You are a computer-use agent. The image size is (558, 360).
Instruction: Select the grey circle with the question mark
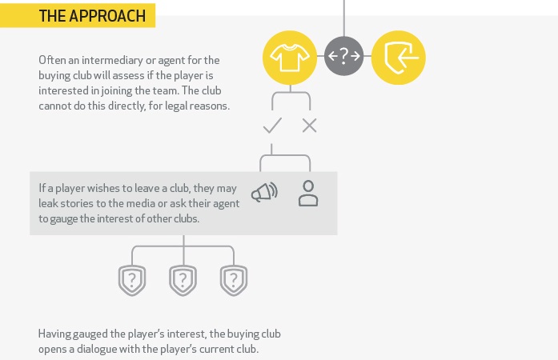[x=344, y=56]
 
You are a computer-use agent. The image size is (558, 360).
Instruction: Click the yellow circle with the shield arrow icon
[x=399, y=56]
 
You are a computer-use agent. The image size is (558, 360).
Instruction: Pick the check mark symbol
[x=272, y=126]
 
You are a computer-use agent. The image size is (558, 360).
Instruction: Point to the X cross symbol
[x=309, y=126]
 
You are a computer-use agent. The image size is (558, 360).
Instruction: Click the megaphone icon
[x=264, y=193]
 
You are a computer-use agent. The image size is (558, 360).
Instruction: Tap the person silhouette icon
[x=308, y=194]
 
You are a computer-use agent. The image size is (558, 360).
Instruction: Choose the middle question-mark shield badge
[x=183, y=280]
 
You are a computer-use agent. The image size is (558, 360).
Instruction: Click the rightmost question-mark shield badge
[x=234, y=280]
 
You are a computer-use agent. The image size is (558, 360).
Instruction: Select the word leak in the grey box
[x=49, y=204]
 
